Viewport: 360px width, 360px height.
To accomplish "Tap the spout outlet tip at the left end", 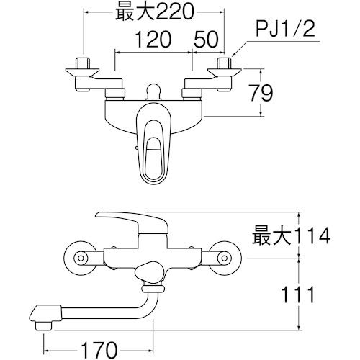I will [40, 315].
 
